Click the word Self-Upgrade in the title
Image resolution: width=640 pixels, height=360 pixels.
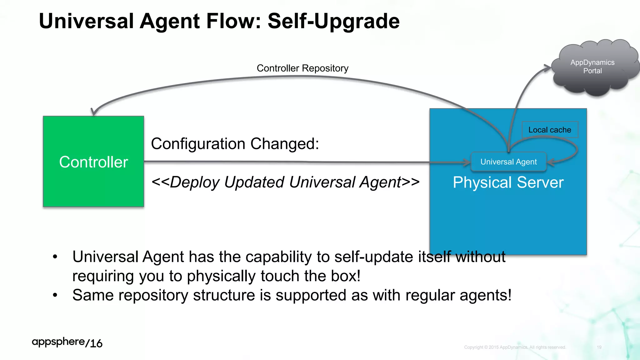click(x=333, y=21)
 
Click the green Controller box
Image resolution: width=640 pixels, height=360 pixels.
click(x=93, y=162)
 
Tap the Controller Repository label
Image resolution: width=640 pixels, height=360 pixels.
click(x=302, y=68)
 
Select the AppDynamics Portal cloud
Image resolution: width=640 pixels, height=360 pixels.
click(x=592, y=67)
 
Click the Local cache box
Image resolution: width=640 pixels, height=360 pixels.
click(x=550, y=130)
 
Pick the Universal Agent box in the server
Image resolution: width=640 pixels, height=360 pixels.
click(x=508, y=162)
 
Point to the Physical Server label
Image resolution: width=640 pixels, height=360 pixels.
click(x=508, y=182)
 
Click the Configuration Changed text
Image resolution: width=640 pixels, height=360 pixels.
click(x=235, y=144)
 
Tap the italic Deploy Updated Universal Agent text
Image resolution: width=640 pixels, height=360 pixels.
click(x=285, y=182)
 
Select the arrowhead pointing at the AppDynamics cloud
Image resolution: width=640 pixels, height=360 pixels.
click(x=548, y=68)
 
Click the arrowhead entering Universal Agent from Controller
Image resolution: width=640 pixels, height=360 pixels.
click(x=467, y=162)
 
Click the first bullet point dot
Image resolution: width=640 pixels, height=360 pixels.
click(x=55, y=257)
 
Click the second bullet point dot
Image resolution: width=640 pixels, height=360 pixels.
click(x=55, y=295)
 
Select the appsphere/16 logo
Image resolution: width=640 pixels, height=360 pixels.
click(x=67, y=342)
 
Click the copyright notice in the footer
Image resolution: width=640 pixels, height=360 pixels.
click(x=515, y=347)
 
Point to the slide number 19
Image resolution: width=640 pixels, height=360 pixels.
click(x=599, y=347)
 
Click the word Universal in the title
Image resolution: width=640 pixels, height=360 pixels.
click(x=86, y=21)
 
